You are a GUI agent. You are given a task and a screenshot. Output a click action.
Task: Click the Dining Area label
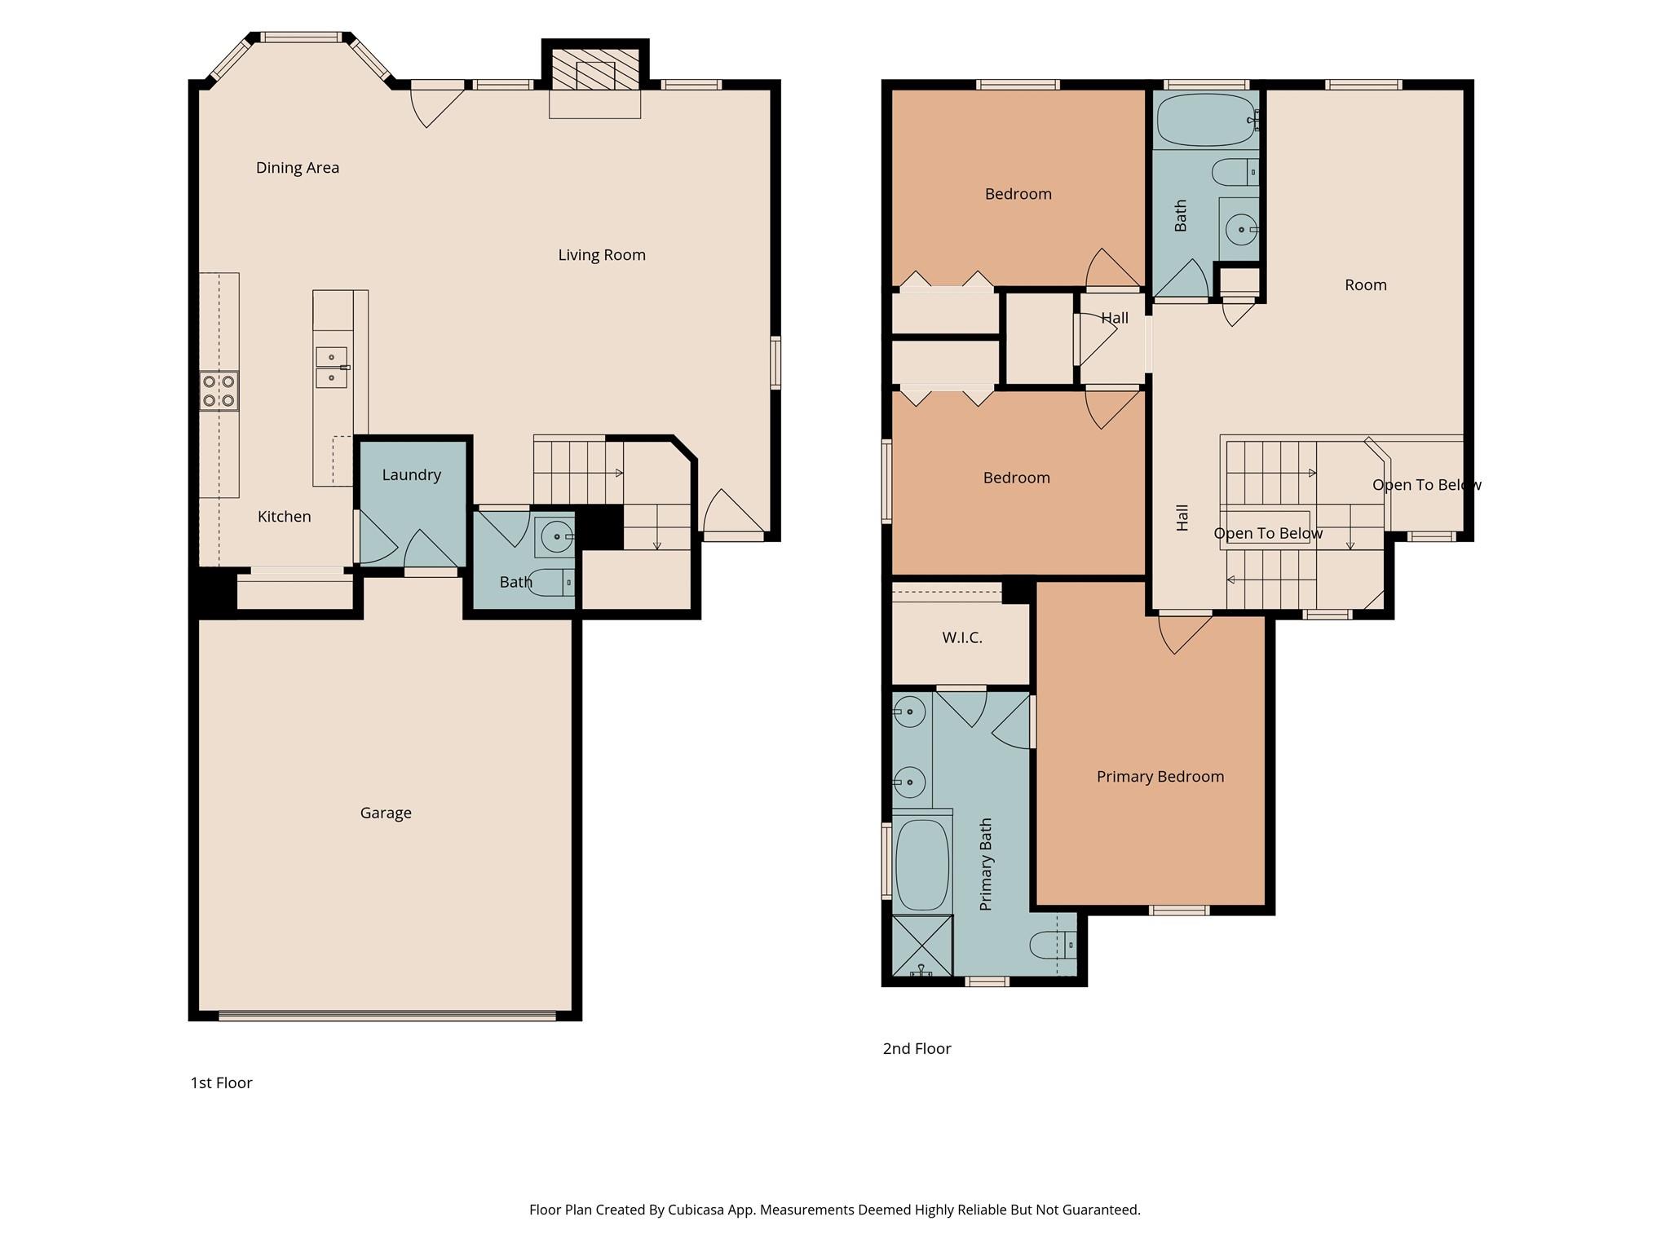point(297,168)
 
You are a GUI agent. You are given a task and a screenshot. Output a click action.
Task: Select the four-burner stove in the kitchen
point(219,390)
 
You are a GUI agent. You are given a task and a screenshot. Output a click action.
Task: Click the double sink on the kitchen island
point(332,368)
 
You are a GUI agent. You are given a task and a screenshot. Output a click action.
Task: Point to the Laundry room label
point(411,475)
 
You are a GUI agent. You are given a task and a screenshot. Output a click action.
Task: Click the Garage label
point(385,813)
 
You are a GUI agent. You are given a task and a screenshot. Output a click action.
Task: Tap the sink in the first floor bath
point(558,536)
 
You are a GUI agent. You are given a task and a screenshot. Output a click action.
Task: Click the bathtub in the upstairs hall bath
point(1206,120)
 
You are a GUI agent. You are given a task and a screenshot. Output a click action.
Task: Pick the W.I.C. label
point(961,638)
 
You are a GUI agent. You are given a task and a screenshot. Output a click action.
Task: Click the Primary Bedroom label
point(1160,777)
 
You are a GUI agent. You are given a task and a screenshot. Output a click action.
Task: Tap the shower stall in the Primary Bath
point(922,946)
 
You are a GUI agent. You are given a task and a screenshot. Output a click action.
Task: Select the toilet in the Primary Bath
point(1051,946)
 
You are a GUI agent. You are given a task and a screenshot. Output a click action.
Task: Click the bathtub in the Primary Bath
point(922,865)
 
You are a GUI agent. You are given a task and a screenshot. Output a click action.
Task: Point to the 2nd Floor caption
point(917,1049)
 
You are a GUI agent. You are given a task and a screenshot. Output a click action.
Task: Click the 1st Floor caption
point(221,1083)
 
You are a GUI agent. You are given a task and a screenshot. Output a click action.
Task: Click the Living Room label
point(601,255)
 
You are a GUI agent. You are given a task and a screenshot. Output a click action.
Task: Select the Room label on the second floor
point(1365,285)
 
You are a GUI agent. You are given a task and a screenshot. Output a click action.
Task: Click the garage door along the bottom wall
point(387,1016)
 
